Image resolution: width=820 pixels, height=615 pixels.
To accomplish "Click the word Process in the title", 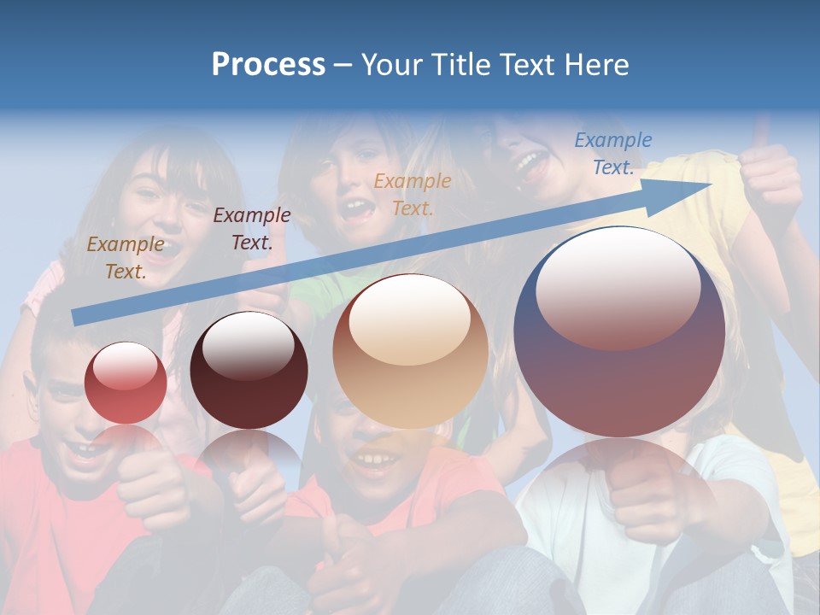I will pyautogui.click(x=268, y=65).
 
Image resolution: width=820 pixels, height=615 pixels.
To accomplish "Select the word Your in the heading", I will pyautogui.click(x=389, y=65).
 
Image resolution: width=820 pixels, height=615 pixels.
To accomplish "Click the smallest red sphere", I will pyautogui.click(x=126, y=383).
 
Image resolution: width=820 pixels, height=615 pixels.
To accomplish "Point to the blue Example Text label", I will pyautogui.click(x=613, y=154).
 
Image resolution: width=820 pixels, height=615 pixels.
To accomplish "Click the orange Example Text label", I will pyautogui.click(x=413, y=194).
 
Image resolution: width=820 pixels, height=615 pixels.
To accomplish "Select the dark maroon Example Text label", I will pyautogui.click(x=252, y=229).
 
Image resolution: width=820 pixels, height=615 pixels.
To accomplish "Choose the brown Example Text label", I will pyautogui.click(x=126, y=257).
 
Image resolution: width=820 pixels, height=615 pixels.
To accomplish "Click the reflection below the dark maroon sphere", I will pyautogui.click(x=249, y=453).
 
